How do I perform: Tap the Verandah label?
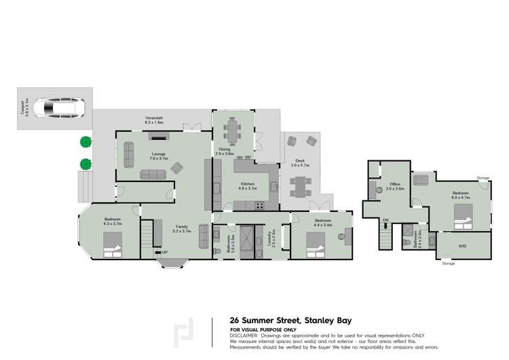(154, 120)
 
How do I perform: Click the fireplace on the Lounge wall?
(162, 134)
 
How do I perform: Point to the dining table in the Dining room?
(234, 130)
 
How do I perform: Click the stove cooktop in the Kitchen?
(259, 206)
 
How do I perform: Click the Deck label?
(299, 161)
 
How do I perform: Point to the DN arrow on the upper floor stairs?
(385, 220)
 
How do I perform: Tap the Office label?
(394, 183)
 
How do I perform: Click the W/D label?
(462, 246)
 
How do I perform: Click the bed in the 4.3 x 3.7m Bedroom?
(113, 243)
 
